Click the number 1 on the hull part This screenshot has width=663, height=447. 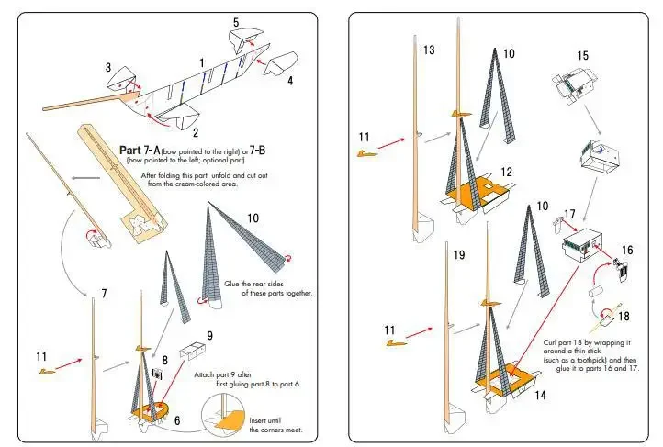(201, 62)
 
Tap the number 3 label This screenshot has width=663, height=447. (108, 67)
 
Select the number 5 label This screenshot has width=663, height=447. (236, 22)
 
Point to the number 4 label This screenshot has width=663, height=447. (290, 81)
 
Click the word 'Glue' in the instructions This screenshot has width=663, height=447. (233, 284)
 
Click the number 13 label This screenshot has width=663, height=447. (428, 50)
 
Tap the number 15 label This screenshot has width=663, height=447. (582, 56)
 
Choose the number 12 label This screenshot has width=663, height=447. (507, 172)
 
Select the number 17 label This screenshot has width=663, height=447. (569, 214)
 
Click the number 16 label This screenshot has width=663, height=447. (627, 249)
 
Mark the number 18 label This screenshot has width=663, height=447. (625, 315)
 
